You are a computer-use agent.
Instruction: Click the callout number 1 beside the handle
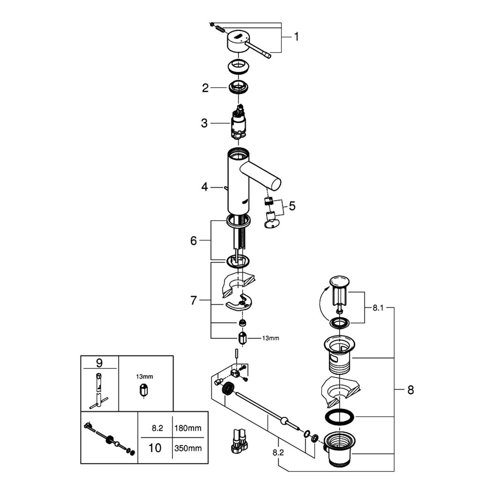coord(296,37)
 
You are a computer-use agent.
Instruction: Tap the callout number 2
coord(205,88)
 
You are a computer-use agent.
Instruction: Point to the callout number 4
coord(205,187)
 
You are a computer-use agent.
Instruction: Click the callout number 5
coord(292,206)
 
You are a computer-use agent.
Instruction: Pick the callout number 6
coord(194,241)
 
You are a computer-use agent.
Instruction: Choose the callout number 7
coord(194,300)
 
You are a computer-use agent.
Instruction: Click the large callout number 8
coord(410,390)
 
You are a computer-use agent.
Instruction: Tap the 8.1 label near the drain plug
coord(378,308)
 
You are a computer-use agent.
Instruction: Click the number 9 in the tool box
coord(99,363)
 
